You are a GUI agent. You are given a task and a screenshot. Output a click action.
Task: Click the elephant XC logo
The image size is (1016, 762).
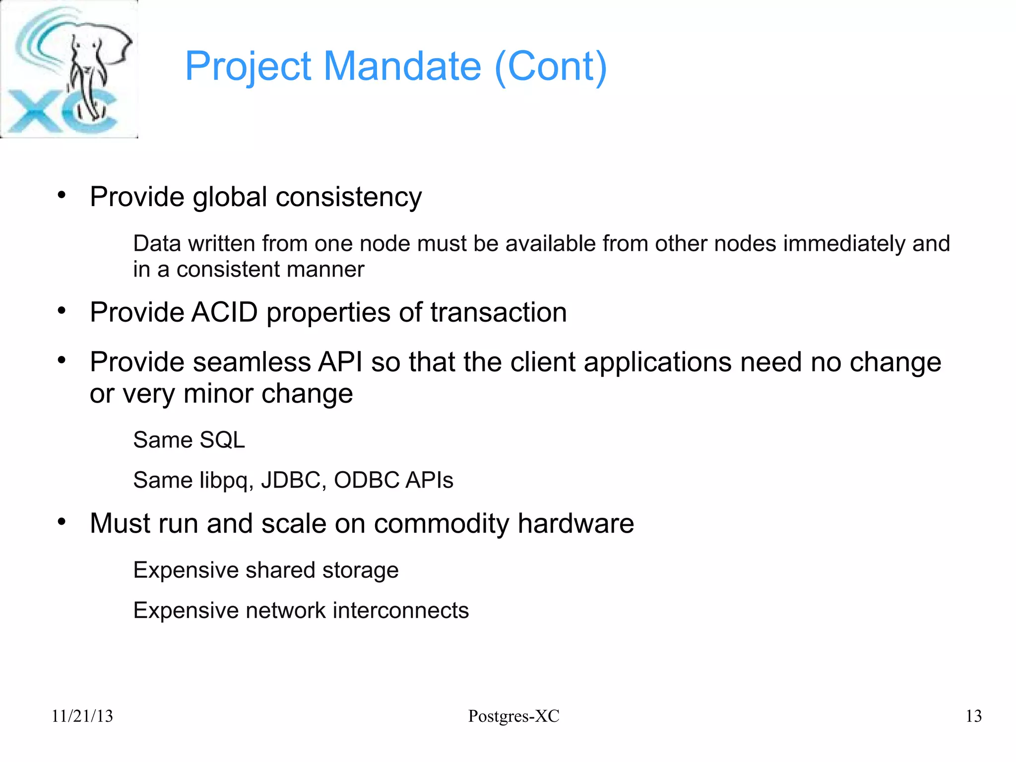[x=69, y=69]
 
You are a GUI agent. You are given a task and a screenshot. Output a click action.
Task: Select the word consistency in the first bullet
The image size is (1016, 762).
[x=348, y=198]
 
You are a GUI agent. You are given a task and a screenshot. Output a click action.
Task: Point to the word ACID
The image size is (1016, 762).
[x=224, y=313]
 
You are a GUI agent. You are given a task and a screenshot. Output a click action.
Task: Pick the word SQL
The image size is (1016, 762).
[x=222, y=440]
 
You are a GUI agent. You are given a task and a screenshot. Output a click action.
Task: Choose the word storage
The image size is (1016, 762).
[x=360, y=570]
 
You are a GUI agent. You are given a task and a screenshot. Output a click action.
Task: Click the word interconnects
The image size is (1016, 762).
[x=400, y=611]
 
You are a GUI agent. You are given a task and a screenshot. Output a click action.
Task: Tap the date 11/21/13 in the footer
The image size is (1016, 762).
[x=82, y=716]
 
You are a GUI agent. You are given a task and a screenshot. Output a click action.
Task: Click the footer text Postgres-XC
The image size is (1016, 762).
[x=513, y=716]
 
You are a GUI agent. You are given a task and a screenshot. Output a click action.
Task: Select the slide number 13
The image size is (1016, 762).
[x=973, y=716]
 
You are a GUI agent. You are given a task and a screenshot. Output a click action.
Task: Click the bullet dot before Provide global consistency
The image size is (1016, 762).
[x=62, y=195]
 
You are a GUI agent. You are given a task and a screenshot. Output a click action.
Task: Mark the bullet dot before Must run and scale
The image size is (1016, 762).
[x=62, y=522]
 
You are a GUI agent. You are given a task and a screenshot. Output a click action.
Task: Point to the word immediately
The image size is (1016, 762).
[x=844, y=244]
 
